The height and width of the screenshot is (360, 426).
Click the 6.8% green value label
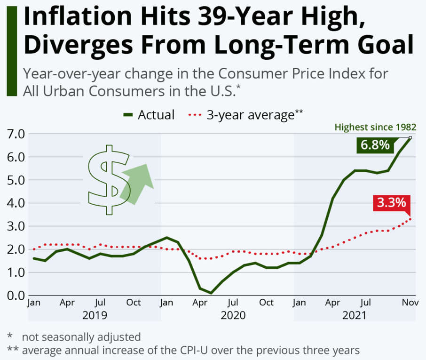click(x=375, y=144)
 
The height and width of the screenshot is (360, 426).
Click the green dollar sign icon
click(x=109, y=179)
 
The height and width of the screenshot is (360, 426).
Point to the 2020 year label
click(x=233, y=315)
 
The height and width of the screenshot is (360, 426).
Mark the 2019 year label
click(x=95, y=315)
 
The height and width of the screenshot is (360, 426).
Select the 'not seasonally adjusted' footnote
click(x=81, y=337)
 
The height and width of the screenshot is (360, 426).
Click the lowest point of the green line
click(x=211, y=293)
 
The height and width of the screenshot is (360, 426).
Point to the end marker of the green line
click(x=410, y=138)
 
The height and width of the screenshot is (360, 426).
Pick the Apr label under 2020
click(x=201, y=303)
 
